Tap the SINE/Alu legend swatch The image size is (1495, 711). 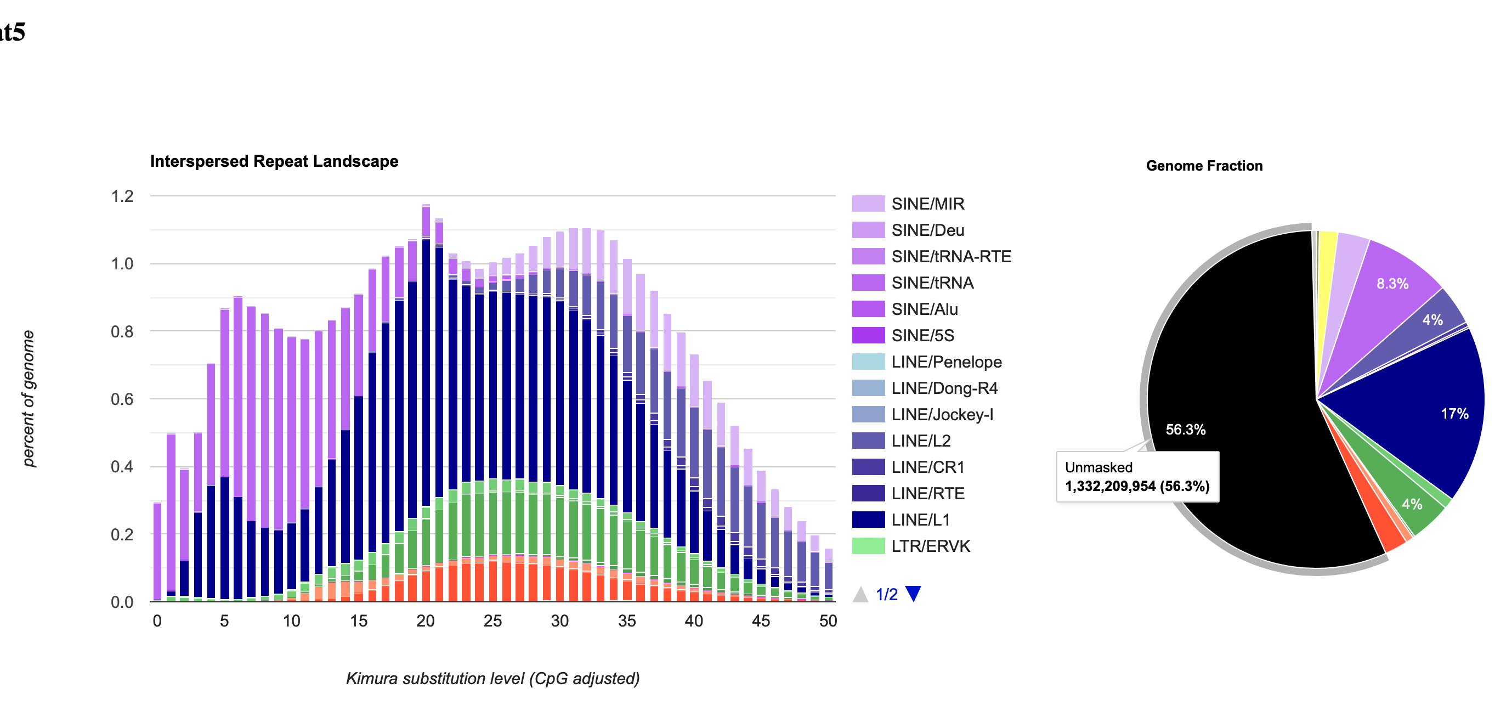coord(868,309)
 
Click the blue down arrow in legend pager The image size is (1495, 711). coord(913,594)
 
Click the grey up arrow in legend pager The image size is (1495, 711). coord(860,594)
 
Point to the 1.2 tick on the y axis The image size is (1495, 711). coord(122,196)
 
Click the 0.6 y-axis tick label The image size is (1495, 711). coord(122,399)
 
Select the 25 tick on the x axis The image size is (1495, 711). coord(492,621)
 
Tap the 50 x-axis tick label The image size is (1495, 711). coord(828,621)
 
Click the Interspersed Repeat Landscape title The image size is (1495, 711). coord(274,161)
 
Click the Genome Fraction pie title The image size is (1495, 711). coord(1204,166)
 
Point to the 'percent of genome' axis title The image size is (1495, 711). coord(28,398)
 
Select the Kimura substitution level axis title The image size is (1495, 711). coord(492,678)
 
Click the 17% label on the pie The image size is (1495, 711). coord(1454,414)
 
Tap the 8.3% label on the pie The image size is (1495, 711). coord(1392,283)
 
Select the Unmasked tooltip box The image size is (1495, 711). coord(1137,477)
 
